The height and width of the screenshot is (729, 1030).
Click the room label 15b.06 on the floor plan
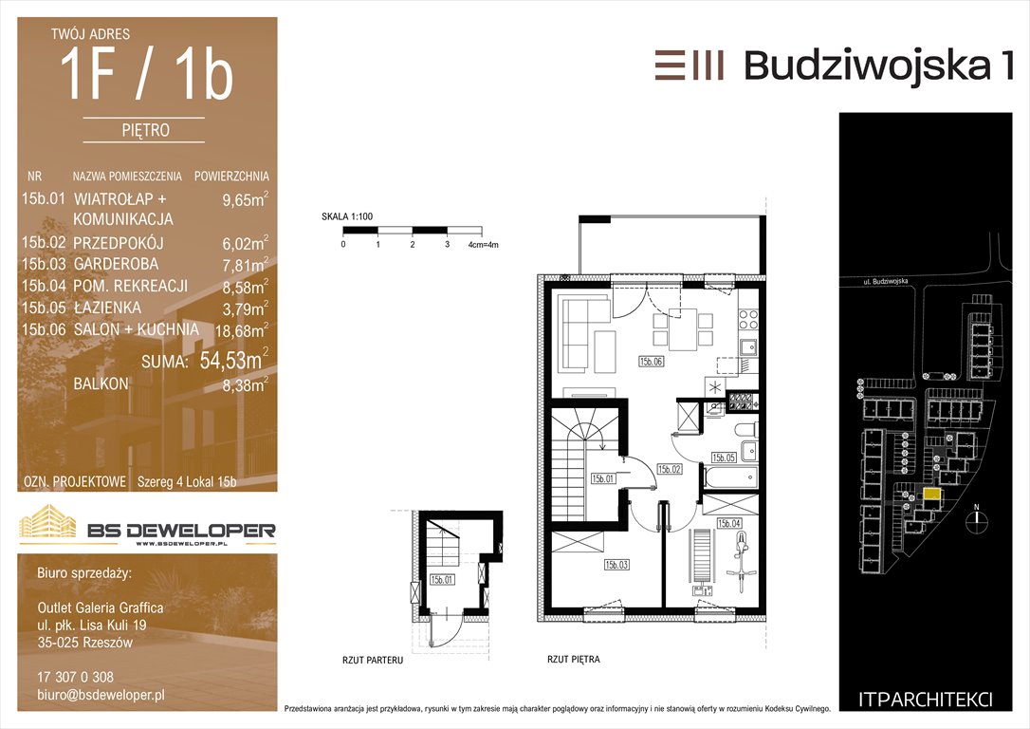[651, 361]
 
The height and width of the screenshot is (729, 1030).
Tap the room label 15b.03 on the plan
[616, 565]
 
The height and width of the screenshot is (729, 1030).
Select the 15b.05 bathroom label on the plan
[724, 458]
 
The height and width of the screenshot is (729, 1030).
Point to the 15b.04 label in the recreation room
[728, 523]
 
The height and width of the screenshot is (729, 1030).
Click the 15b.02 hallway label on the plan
[670, 469]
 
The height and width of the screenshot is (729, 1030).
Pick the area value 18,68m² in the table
[241, 330]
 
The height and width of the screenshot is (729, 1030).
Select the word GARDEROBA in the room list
[117, 264]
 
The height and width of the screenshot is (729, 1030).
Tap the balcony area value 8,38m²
[245, 384]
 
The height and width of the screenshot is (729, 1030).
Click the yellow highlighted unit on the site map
[931, 494]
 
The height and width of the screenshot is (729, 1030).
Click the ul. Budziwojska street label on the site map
[886, 281]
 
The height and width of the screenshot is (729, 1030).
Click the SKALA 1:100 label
[347, 216]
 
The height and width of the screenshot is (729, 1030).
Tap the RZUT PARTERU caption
[373, 660]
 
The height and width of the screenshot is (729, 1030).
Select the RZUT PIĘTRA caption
[574, 659]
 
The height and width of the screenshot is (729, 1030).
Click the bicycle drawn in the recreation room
[742, 558]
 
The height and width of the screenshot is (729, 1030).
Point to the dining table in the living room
[683, 330]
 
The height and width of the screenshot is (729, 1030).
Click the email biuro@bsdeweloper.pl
[101, 695]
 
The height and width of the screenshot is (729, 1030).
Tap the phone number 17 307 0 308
[76, 677]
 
